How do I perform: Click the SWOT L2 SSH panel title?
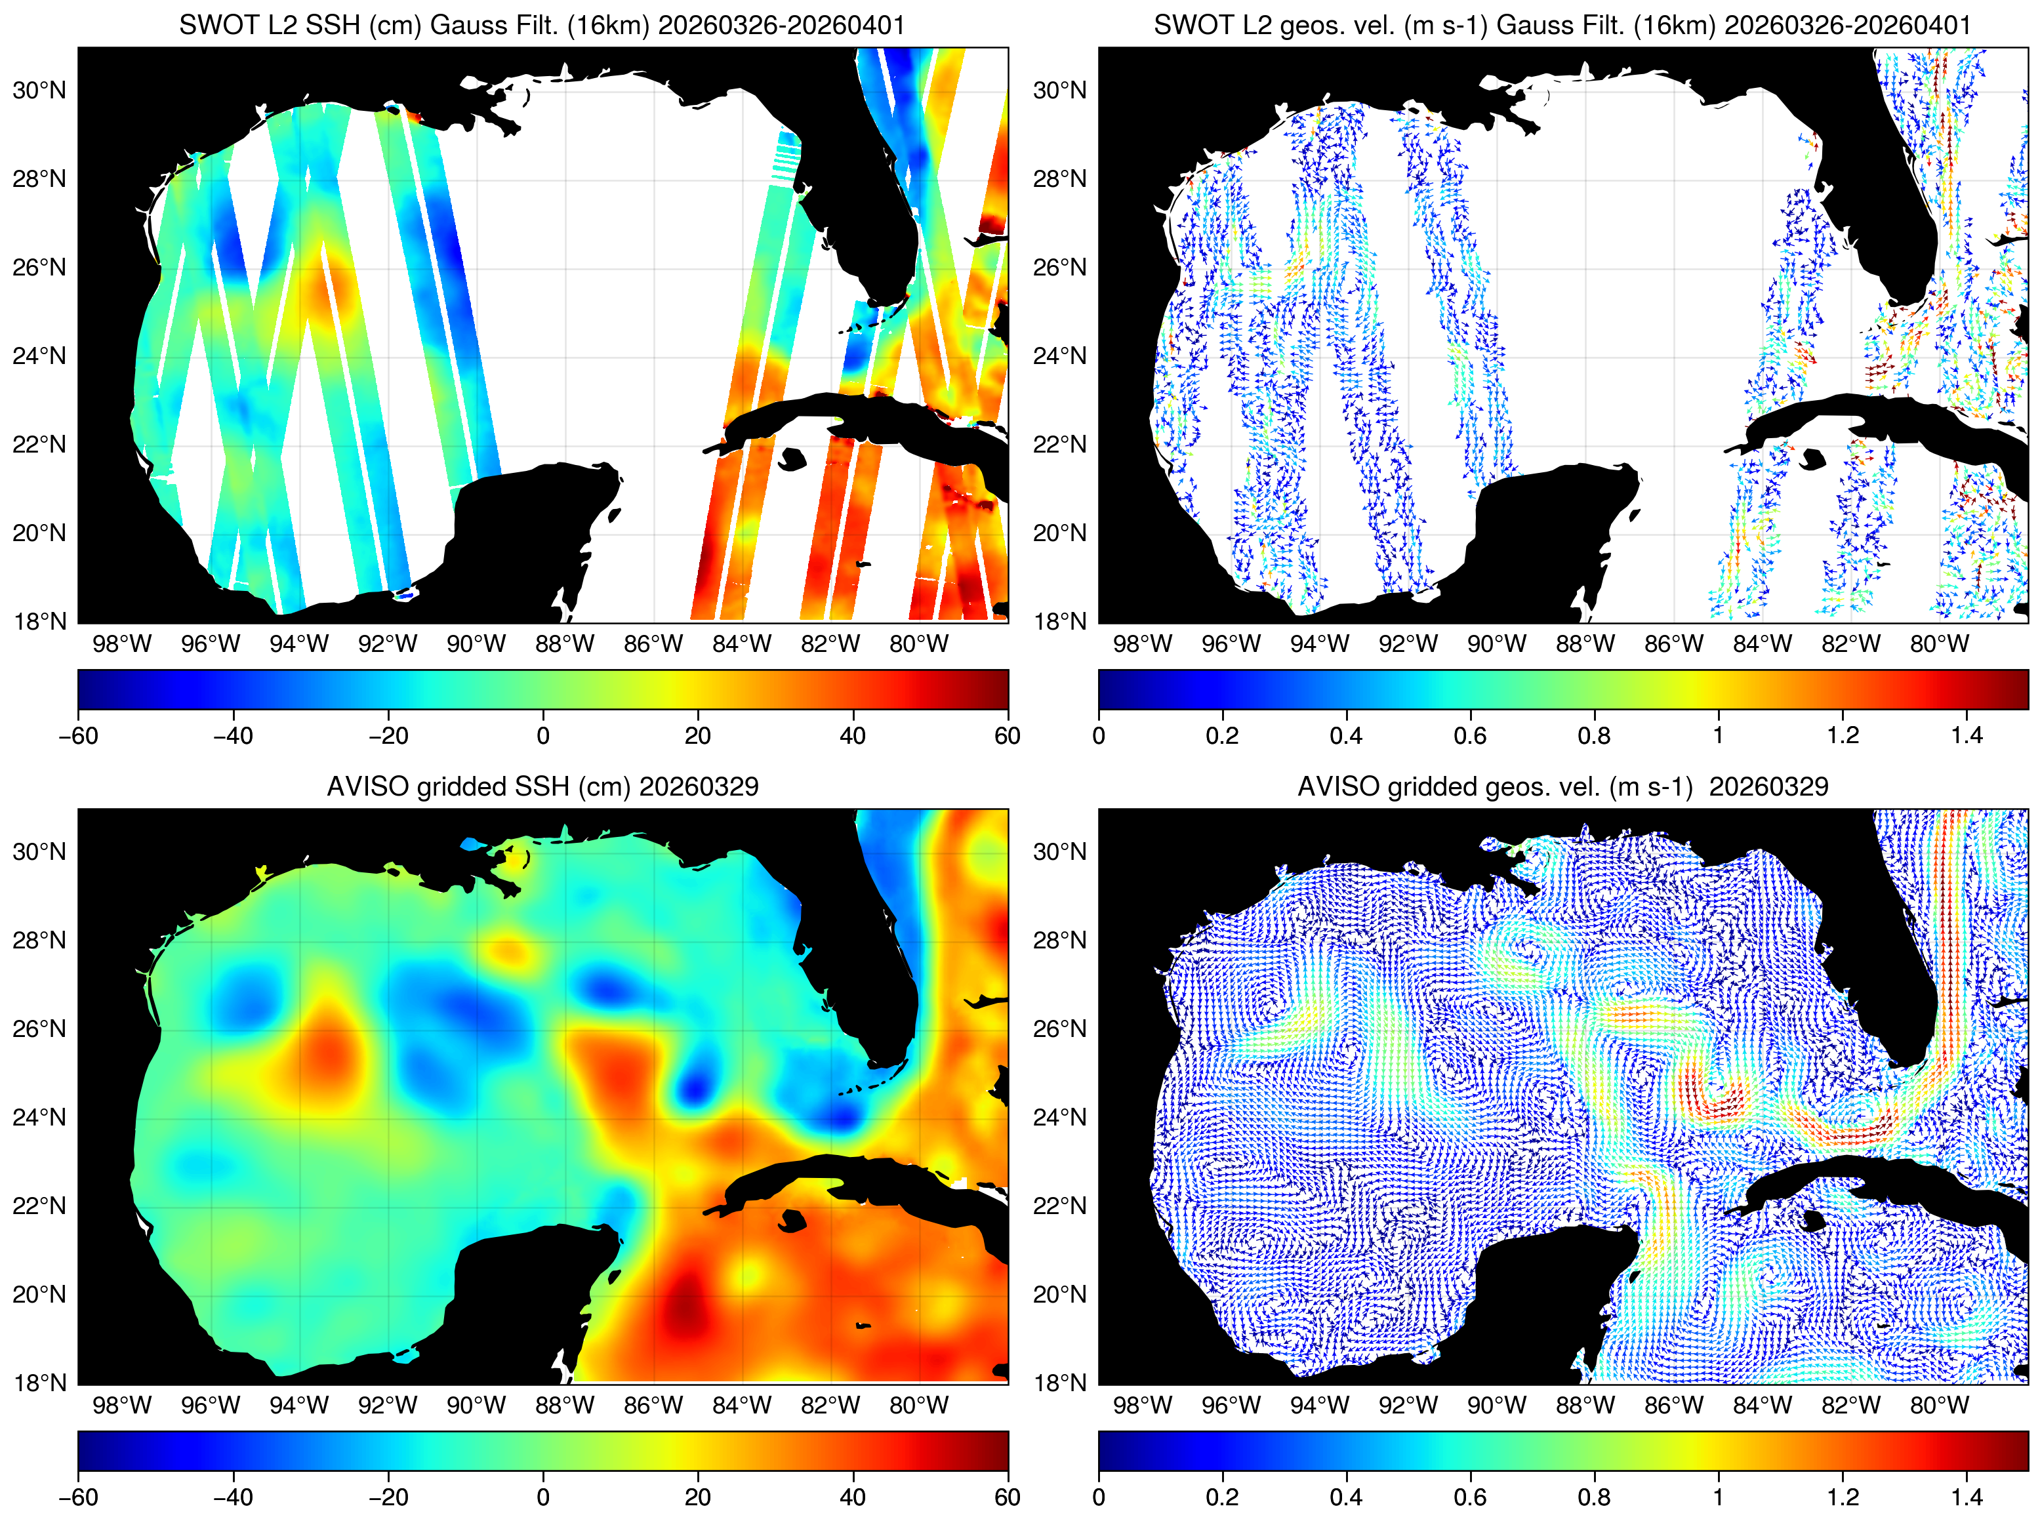[x=542, y=25]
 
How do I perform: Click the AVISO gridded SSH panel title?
[x=542, y=786]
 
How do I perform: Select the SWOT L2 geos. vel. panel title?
[x=1562, y=25]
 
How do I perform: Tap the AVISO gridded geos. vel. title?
[x=1562, y=786]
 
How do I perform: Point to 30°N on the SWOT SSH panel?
[x=39, y=91]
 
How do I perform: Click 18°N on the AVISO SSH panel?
[x=39, y=1382]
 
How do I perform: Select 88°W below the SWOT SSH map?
[x=564, y=643]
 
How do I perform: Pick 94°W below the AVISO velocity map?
[x=1319, y=1405]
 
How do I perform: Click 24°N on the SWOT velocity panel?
[x=1059, y=356]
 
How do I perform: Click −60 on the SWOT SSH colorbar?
[x=78, y=735]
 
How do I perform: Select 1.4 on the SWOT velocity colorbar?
[x=1967, y=735]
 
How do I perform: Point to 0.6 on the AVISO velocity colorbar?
[x=1471, y=1496]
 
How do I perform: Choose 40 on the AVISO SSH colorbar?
[x=853, y=1496]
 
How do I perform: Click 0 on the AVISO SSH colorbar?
[x=543, y=1496]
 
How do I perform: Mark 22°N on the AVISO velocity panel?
[x=1059, y=1206]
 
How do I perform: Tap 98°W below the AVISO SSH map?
[x=122, y=1405]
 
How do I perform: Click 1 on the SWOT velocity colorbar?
[x=1719, y=735]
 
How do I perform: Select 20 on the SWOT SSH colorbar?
[x=698, y=735]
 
